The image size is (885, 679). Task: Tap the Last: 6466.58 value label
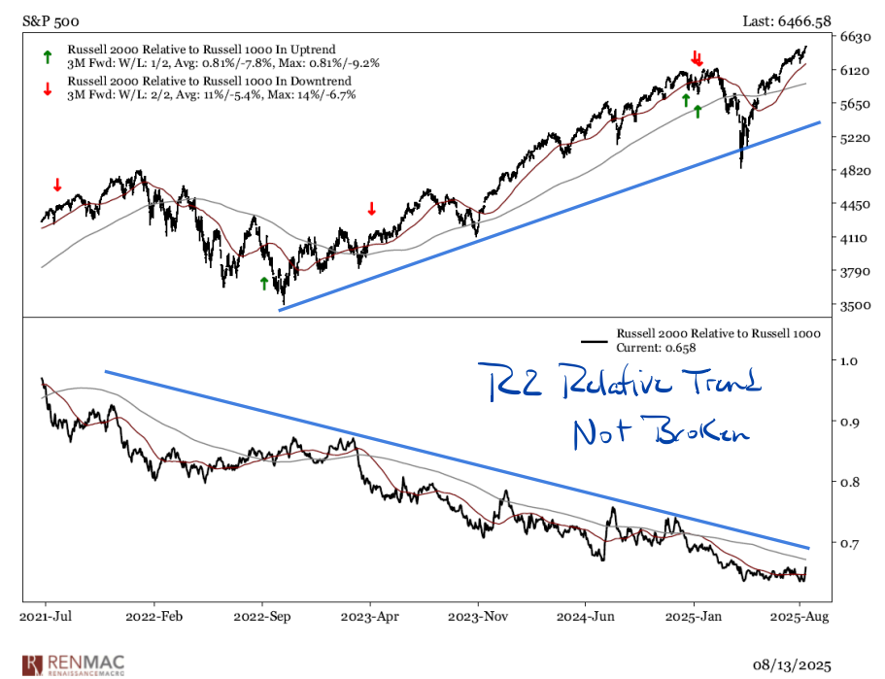pyautogui.click(x=792, y=18)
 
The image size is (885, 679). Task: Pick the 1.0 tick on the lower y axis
pyautogui.click(x=850, y=360)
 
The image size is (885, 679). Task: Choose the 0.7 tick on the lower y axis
pyautogui.click(x=850, y=542)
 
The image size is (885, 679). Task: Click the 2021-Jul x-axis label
pyautogui.click(x=46, y=616)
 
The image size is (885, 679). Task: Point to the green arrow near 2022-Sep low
pyautogui.click(x=262, y=283)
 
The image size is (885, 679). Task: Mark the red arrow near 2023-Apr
pyautogui.click(x=370, y=208)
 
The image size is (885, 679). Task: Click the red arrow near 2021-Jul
pyautogui.click(x=56, y=185)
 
